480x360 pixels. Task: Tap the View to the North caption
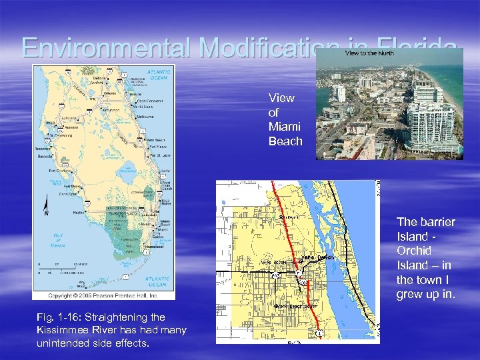(x=370, y=53)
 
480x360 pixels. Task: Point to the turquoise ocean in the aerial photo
(x=453, y=73)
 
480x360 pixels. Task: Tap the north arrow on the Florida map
(x=45, y=207)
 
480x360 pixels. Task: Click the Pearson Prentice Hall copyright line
(x=103, y=294)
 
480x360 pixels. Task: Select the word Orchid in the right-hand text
(x=414, y=251)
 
